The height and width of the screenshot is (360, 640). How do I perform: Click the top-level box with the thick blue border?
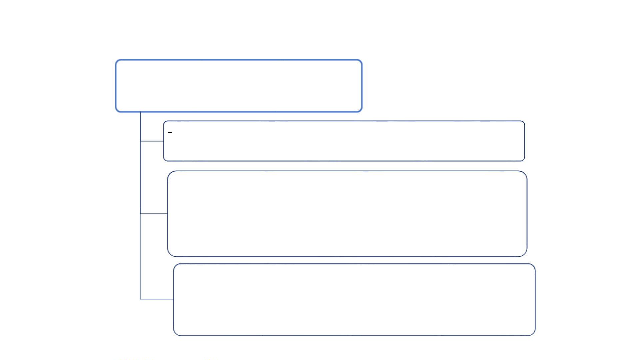point(239,86)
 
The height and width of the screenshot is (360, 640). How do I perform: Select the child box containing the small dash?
point(344,141)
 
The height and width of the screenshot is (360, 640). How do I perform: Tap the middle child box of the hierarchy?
point(347,213)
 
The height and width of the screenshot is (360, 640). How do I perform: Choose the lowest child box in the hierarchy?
point(354,299)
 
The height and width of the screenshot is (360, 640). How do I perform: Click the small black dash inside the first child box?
point(170,133)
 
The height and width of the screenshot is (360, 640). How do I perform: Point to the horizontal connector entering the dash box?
point(152,141)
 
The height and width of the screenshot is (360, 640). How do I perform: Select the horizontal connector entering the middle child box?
point(154,213)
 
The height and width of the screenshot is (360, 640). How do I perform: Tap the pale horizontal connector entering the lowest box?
point(157,299)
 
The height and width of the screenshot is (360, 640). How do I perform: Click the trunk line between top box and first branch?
point(140,127)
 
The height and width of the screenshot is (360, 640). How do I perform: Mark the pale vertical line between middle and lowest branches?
point(141,256)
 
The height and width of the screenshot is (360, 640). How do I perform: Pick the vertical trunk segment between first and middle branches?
point(140,178)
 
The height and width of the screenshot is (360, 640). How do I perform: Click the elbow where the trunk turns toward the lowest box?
point(141,299)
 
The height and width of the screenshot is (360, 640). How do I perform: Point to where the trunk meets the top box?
point(140,112)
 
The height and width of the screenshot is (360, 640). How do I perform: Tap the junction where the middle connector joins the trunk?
point(140,213)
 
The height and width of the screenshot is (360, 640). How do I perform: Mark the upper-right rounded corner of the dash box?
point(523,123)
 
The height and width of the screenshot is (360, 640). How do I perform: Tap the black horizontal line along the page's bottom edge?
point(57,359)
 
